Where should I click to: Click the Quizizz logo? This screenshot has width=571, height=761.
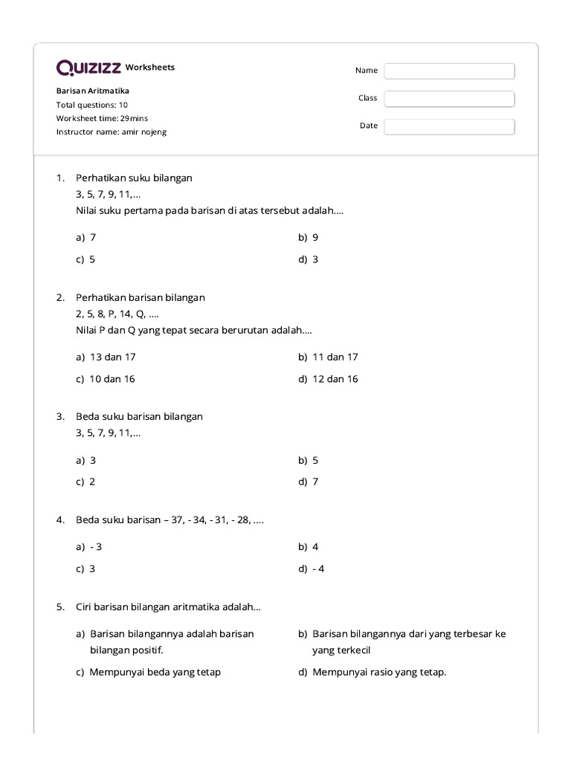click(89, 68)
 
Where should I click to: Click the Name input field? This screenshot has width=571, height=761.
click(449, 71)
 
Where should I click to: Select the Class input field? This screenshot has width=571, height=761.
click(449, 99)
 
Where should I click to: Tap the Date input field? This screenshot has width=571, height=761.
click(449, 126)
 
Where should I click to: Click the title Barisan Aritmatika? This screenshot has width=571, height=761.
click(92, 91)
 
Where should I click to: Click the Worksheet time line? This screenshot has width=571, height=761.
click(102, 118)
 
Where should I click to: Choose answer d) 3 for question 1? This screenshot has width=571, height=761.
click(309, 259)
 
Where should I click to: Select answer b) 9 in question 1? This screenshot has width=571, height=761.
click(309, 237)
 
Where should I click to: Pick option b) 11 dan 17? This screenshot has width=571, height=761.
click(328, 357)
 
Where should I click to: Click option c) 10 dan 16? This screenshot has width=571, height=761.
click(105, 379)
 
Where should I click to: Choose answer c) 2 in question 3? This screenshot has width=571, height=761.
click(86, 482)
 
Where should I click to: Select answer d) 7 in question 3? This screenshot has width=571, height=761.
click(309, 482)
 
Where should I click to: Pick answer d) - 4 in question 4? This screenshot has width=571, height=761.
click(312, 569)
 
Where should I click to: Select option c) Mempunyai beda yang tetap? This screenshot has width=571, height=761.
click(148, 673)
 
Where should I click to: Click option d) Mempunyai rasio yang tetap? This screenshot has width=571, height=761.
click(372, 673)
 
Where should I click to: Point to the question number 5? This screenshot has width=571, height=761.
click(60, 607)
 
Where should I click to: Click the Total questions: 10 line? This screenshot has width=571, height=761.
click(91, 105)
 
